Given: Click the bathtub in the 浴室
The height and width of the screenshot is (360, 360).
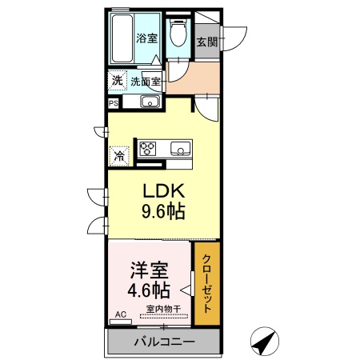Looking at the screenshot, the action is coord(122,38).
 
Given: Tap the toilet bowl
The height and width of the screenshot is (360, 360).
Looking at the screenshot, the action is coord(178,33).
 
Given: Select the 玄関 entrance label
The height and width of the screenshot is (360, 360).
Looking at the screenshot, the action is coord(207,42).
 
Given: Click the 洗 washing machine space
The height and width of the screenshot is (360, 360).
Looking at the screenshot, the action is coord(117,80).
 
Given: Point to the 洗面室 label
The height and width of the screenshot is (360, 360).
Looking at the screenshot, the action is coord(146,82).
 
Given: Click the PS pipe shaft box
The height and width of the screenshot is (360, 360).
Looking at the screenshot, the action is coord(114,103).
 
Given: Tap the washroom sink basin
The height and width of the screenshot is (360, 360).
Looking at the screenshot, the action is coord(150,102).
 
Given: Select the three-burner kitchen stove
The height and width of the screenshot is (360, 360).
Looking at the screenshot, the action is coord(147,149).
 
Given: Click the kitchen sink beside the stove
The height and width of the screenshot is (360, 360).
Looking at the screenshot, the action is coord(181,149).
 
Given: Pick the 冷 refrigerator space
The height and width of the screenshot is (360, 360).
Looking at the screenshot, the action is coord(119,156).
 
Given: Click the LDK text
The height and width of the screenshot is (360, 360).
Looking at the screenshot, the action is coord(164,190).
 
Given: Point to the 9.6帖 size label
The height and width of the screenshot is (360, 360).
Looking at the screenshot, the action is coord(163,211).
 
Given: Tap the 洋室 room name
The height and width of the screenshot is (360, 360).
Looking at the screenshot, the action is coord(149,270).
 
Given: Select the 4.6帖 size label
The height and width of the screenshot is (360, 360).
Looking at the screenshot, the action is coord(149,290).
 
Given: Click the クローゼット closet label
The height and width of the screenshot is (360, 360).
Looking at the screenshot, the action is coord(207,283).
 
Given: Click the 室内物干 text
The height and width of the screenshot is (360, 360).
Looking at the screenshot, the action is coord(163,309).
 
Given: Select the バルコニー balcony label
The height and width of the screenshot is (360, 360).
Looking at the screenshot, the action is coord(164,342).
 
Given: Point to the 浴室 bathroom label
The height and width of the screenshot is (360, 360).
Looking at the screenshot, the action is coord(146,38).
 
